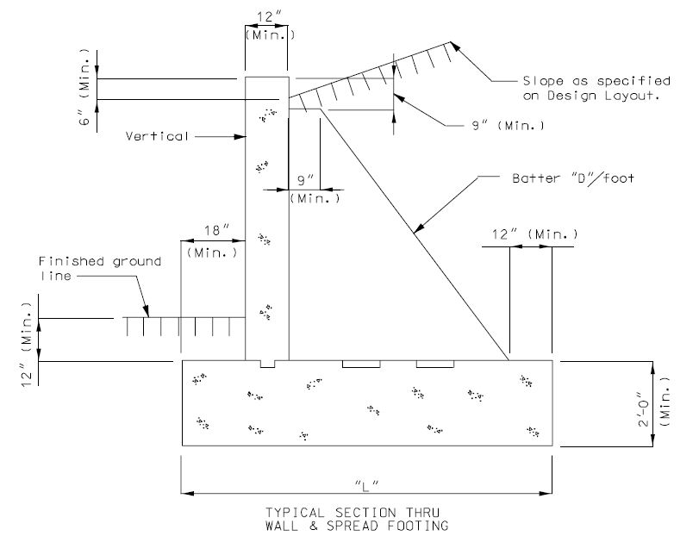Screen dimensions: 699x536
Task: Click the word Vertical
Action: click(157, 136)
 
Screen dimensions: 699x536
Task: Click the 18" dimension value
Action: click(217, 230)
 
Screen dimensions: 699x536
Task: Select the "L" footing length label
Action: click(366, 485)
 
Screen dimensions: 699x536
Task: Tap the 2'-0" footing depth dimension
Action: click(643, 409)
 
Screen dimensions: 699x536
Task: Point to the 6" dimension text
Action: click(84, 115)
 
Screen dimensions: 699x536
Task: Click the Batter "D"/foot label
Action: click(573, 178)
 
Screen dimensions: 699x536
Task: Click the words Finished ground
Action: click(100, 262)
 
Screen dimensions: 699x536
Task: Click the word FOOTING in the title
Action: click(418, 526)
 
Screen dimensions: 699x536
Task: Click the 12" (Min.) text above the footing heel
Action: click(534, 234)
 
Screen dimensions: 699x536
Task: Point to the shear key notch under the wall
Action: click(267, 364)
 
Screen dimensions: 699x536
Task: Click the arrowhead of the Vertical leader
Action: click(240, 136)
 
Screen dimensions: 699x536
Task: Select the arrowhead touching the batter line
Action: click(419, 228)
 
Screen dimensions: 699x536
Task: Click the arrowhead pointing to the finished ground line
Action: click(146, 311)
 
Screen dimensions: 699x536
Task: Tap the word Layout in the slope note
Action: click(632, 96)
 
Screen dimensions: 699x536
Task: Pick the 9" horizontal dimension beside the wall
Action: click(306, 180)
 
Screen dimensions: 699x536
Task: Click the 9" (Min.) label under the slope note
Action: click(509, 126)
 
